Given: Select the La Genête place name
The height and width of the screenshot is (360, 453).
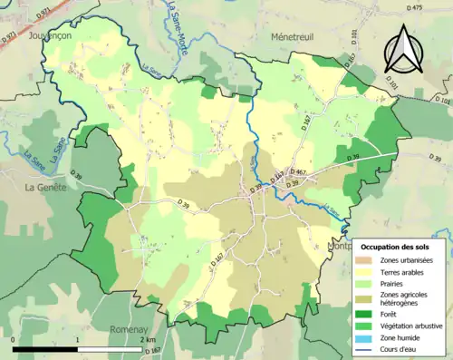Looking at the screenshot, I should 42,187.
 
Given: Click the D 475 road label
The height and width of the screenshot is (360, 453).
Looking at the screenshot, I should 416,7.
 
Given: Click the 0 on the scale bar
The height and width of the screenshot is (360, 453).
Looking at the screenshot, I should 14,339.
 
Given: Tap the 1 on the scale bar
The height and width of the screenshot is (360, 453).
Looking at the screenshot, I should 78,339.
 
